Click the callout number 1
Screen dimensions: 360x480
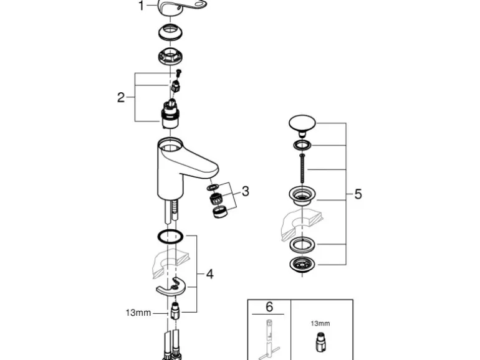click(141, 6)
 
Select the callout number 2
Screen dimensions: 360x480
click(121, 97)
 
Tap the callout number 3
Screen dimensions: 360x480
click(245, 191)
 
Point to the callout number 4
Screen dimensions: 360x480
click(210, 274)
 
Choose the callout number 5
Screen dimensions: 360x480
click(358, 194)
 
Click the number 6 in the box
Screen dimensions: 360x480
click(269, 307)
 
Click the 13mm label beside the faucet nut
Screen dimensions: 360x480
click(138, 313)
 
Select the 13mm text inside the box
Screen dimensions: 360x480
click(320, 323)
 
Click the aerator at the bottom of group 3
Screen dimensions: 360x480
click(219, 212)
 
